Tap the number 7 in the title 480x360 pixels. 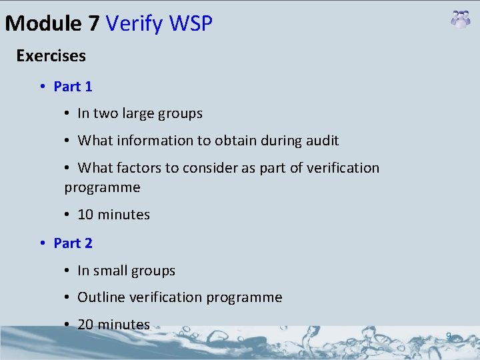click(93, 24)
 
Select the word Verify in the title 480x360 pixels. click(135, 24)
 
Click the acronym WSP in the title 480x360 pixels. click(191, 24)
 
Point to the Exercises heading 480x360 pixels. click(51, 56)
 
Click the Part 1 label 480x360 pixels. click(73, 87)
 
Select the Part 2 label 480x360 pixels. click(73, 243)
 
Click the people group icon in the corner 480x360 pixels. click(460, 19)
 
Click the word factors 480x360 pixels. click(143, 168)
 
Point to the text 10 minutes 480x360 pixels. click(113, 215)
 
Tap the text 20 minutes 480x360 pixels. click(113, 325)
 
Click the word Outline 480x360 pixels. click(101, 297)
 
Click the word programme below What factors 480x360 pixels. click(102, 187)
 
